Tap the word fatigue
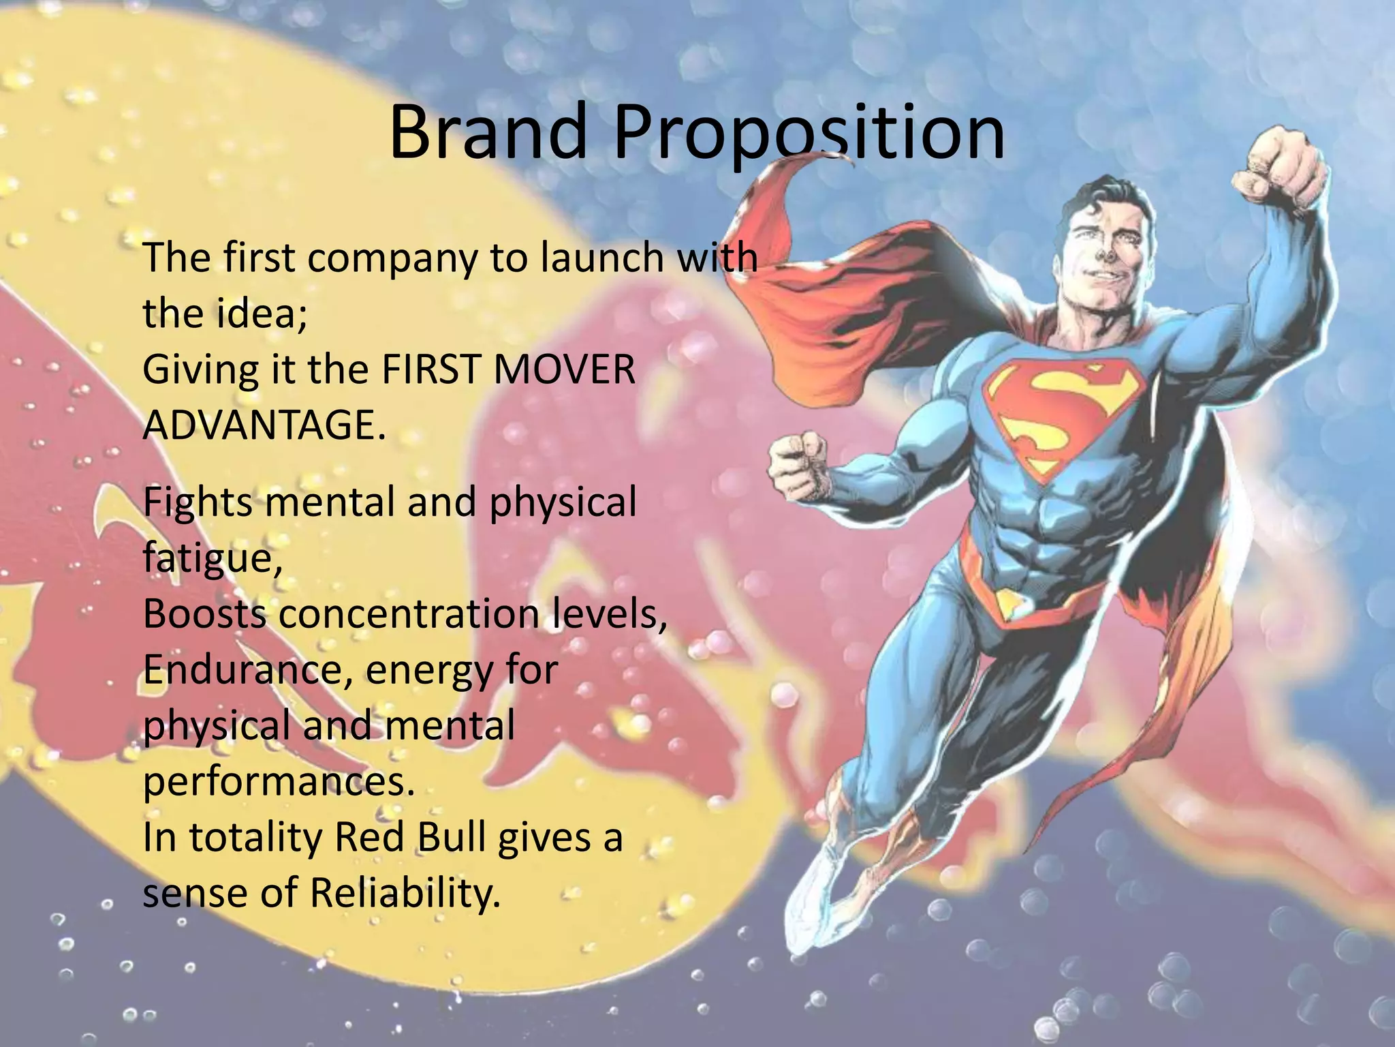click(x=211, y=559)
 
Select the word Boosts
click(x=204, y=614)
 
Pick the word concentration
click(x=409, y=614)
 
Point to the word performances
click(x=278, y=783)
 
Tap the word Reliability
click(x=405, y=894)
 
